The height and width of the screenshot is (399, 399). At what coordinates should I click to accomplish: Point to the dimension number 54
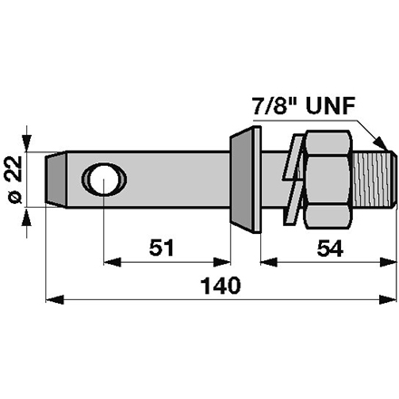pos(329,248)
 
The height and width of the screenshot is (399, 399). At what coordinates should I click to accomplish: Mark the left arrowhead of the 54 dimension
pos(266,260)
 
